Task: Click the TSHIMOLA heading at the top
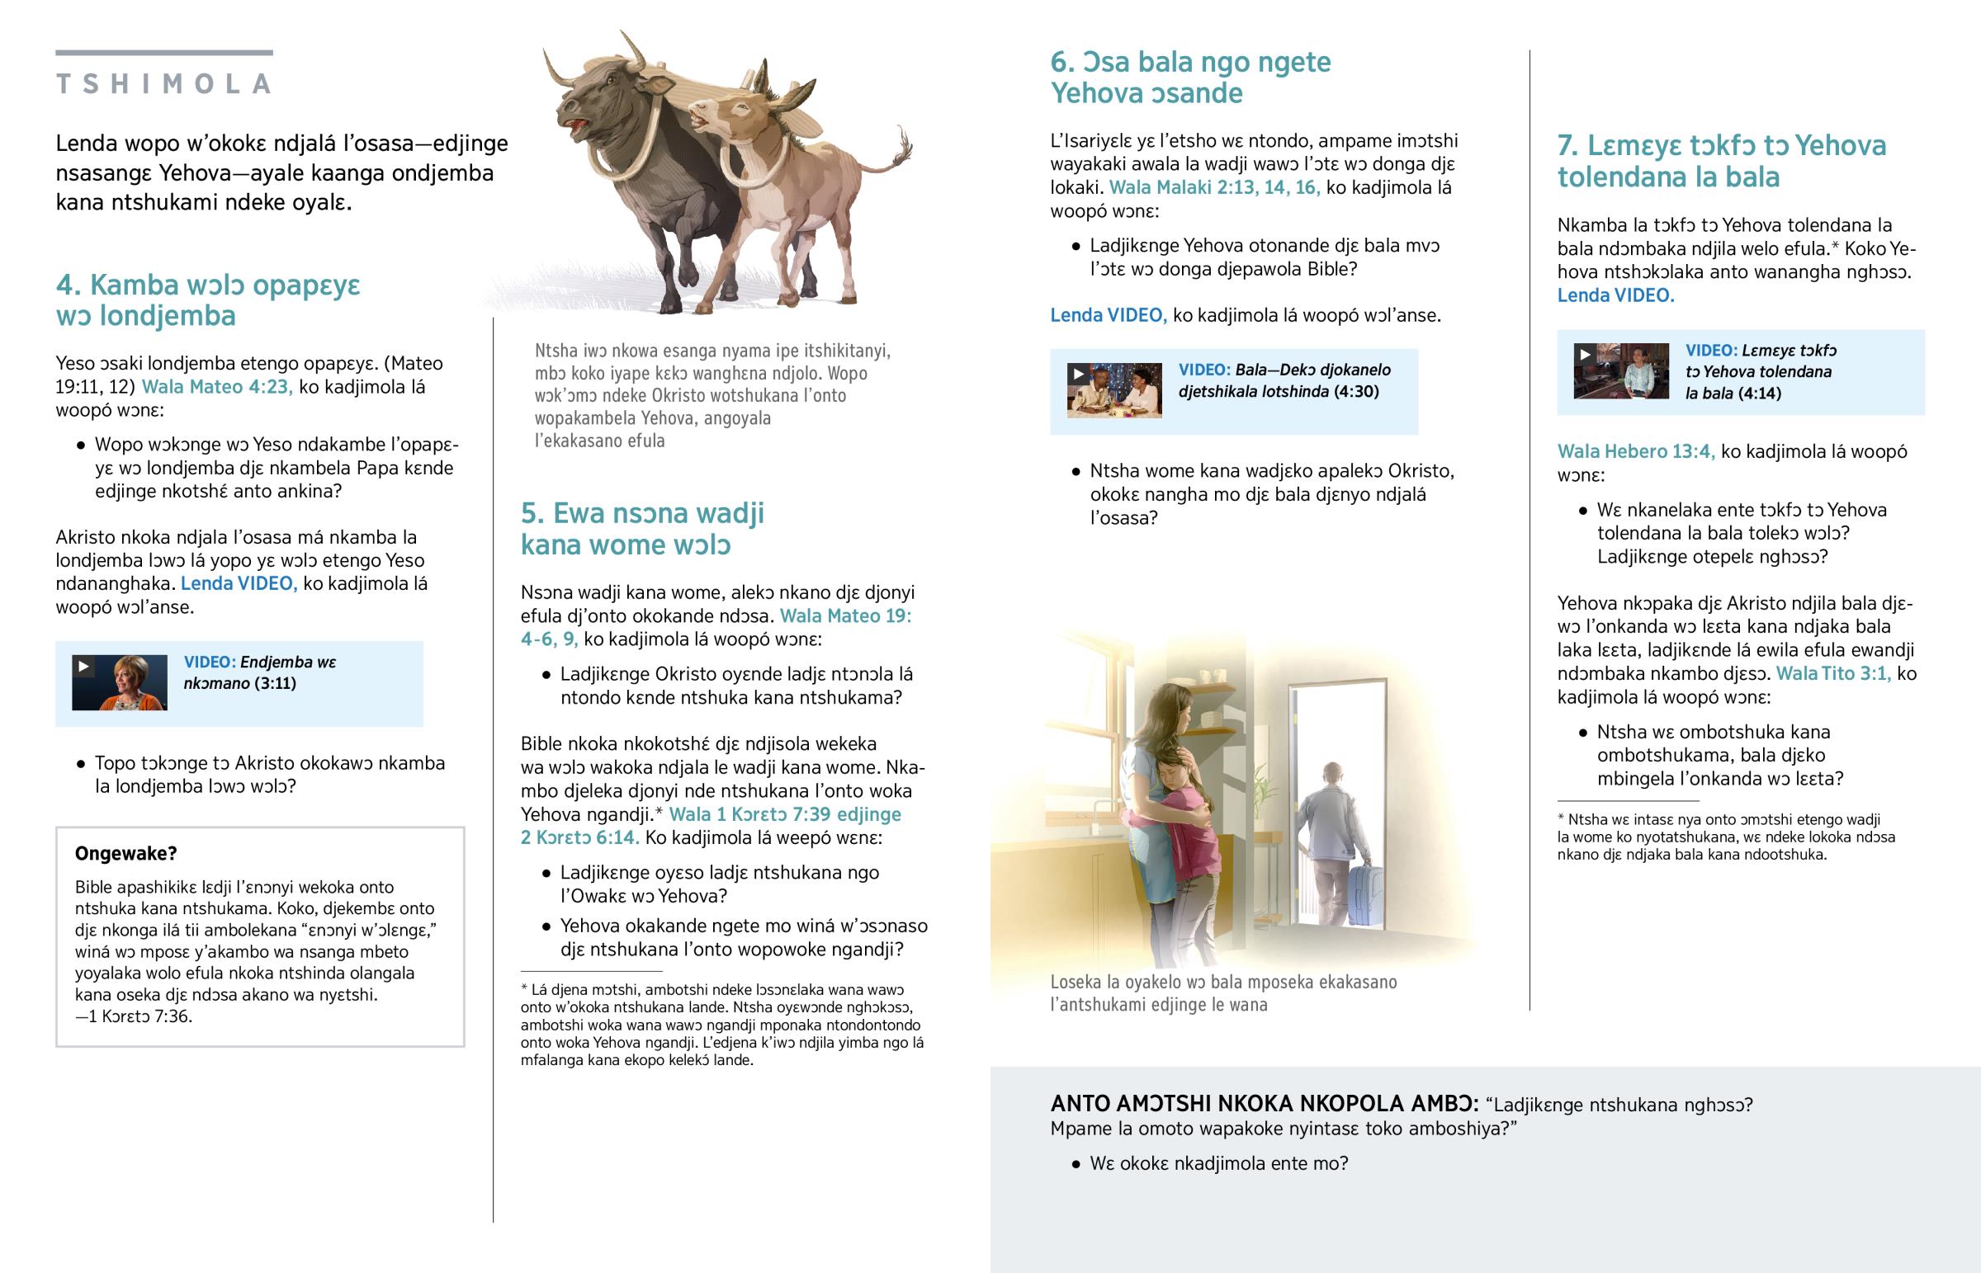[x=163, y=83]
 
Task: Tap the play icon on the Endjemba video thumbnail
[x=83, y=667]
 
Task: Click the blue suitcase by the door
[x=1364, y=893]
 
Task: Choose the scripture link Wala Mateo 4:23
[x=216, y=387]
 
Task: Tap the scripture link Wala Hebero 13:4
[x=1635, y=451]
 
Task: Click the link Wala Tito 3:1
[x=1833, y=674]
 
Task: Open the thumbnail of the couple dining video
[x=1113, y=390]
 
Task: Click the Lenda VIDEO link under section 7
[x=1615, y=296]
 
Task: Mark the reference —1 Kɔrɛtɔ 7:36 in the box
[x=134, y=1016]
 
